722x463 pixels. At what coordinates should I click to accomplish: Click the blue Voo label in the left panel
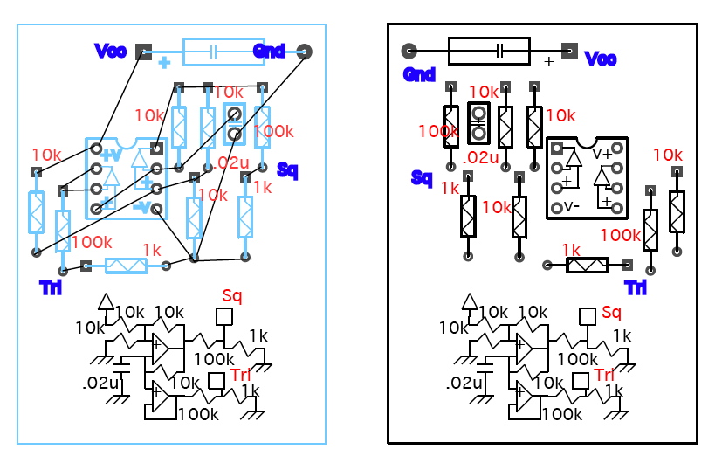point(110,51)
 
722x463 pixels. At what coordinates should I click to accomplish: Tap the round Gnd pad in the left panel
point(305,51)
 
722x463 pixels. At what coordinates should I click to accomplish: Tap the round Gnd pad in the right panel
point(408,51)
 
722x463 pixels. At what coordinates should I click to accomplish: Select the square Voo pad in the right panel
point(569,51)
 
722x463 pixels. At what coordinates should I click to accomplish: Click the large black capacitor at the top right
point(489,51)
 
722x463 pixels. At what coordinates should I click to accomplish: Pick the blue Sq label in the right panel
point(422,178)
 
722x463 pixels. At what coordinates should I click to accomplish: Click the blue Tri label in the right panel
point(636,287)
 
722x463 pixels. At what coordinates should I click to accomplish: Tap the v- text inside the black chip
point(571,207)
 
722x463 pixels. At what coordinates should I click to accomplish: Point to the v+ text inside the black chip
point(603,154)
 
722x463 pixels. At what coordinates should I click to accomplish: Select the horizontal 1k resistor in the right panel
point(587,265)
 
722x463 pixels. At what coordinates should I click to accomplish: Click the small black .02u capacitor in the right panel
point(478,123)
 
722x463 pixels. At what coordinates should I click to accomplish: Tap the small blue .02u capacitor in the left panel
point(234,123)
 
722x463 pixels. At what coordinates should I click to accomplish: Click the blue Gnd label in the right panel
point(419,75)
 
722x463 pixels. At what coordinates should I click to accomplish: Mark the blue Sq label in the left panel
point(287,169)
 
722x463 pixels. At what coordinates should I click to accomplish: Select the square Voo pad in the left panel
point(144,51)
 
